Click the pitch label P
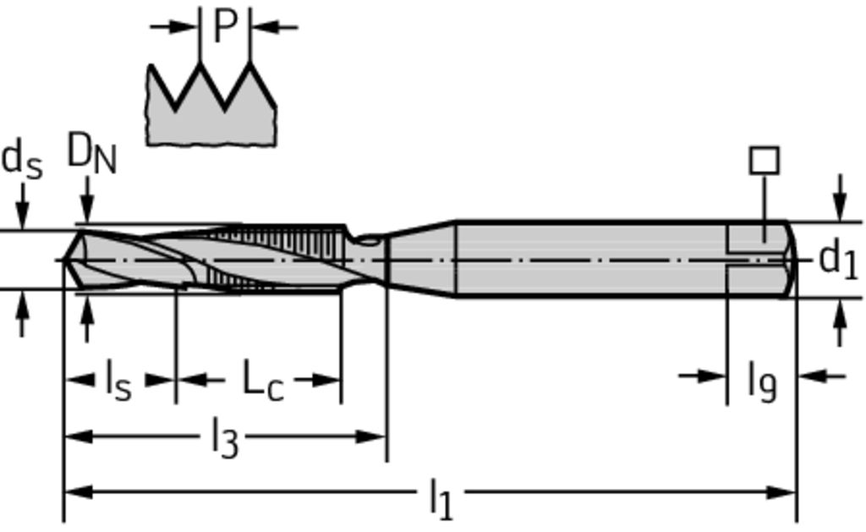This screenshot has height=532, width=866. click(x=225, y=26)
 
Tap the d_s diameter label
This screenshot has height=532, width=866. click(x=22, y=160)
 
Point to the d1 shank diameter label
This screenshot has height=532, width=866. click(x=838, y=260)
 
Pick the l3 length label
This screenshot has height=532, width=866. click(x=225, y=436)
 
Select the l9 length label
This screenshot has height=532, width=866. click(x=762, y=381)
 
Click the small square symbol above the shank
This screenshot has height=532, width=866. click(x=765, y=161)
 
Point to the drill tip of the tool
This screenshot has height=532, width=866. click(x=63, y=259)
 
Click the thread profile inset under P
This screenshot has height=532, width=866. click(x=211, y=104)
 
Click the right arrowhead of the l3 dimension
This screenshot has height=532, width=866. click(x=371, y=437)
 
